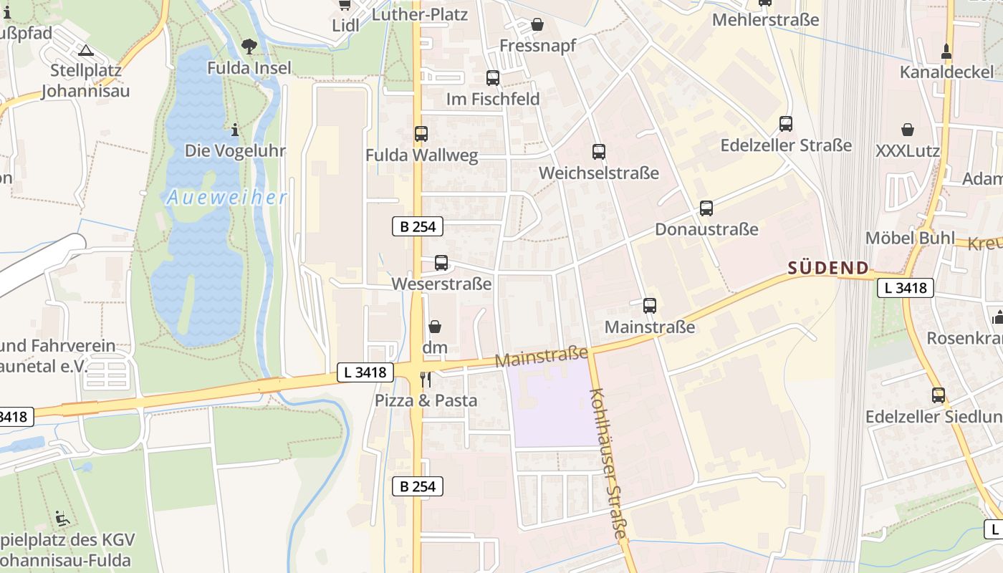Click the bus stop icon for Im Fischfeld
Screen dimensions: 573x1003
coord(493,78)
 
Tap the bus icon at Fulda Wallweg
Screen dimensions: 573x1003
coord(421,134)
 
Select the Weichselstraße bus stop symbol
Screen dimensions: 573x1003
coord(599,152)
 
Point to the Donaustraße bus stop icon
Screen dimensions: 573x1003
coord(706,208)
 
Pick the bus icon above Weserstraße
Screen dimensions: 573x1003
coord(441,263)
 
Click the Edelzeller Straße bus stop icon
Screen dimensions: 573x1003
coord(786,124)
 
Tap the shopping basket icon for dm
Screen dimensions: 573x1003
coord(435,327)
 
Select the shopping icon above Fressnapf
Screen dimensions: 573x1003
coord(537,25)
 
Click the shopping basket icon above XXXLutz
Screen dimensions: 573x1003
coord(908,130)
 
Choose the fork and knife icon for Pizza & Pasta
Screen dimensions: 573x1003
coord(426,379)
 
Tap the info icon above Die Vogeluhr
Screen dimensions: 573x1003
coord(235,130)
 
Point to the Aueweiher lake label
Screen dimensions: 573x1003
coord(227,198)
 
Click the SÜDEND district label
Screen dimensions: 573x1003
coord(828,269)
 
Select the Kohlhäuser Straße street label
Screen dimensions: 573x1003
coord(610,463)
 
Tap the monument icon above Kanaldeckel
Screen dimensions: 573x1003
coord(946,51)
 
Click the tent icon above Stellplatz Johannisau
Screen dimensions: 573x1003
coord(86,51)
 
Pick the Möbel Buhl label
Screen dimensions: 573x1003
coord(910,238)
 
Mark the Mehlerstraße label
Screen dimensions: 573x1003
coord(765,19)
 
